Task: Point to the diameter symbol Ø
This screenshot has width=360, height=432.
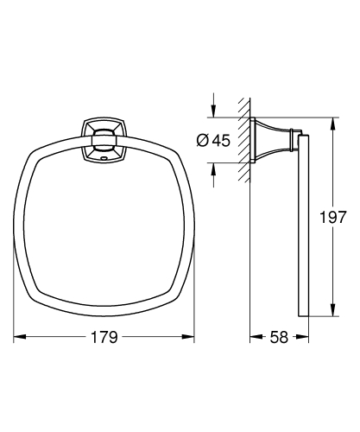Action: [x=201, y=141]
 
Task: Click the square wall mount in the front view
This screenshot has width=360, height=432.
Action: [x=102, y=141]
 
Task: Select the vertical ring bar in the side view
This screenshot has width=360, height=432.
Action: [x=300, y=225]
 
